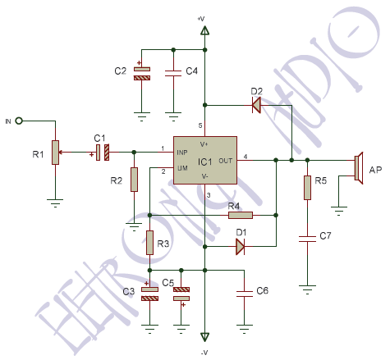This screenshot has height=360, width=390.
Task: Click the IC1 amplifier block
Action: coord(204,161)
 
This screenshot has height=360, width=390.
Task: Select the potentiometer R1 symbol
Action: coord(56,152)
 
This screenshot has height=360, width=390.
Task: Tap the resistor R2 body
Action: coord(134,180)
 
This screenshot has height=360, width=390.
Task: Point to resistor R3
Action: coord(150,243)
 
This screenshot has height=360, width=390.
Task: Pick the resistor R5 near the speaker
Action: coord(307,188)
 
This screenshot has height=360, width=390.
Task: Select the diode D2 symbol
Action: coord(255,104)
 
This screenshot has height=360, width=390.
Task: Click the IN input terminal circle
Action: coord(18,121)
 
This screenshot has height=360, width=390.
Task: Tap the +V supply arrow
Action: coord(204,31)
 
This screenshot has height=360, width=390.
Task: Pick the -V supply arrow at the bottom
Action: coord(204,337)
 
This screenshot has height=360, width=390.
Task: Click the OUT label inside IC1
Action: coord(227,160)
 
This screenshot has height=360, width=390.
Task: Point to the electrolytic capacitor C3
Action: coord(150,293)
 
